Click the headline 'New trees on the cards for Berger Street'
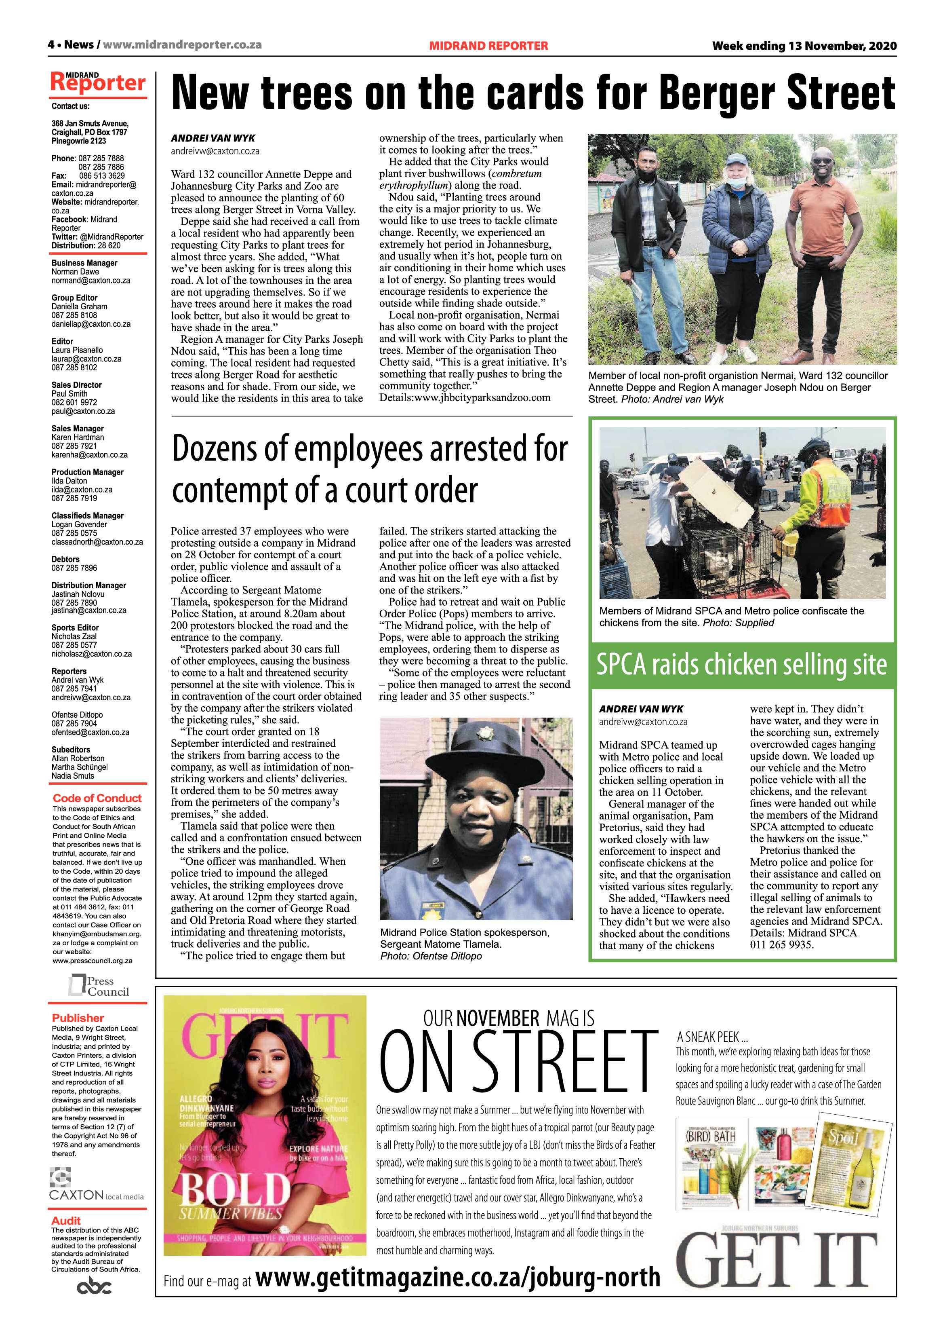tap(533, 93)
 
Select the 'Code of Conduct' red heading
tap(97, 798)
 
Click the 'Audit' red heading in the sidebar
tap(66, 1220)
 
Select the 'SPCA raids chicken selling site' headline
tap(742, 665)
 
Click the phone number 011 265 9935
tap(781, 944)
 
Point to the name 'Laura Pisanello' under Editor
tap(78, 350)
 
